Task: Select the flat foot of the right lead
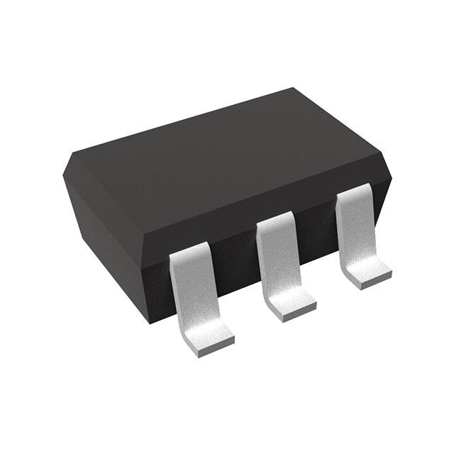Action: pos(369,270)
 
